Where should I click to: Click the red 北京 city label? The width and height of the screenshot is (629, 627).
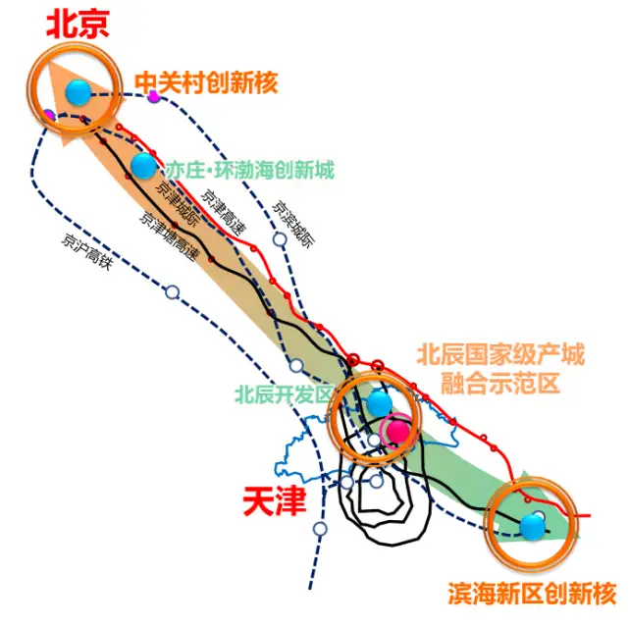tap(79, 25)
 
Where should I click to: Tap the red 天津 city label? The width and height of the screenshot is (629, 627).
tap(275, 501)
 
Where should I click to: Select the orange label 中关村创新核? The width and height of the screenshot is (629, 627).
tap(206, 83)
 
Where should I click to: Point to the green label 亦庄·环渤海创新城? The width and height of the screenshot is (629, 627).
tap(250, 170)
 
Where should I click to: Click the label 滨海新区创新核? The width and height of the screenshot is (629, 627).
tap(532, 594)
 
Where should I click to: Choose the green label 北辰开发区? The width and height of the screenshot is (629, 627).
tap(284, 394)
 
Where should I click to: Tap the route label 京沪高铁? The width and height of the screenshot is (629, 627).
tap(87, 252)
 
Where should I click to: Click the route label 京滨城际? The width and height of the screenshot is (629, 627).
tap(293, 224)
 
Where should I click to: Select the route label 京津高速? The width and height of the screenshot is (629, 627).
tap(223, 212)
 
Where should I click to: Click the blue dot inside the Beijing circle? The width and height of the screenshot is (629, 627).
tap(79, 92)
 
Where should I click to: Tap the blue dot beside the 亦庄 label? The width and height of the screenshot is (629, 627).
tap(143, 165)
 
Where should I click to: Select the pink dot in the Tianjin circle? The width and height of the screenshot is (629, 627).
tap(397, 431)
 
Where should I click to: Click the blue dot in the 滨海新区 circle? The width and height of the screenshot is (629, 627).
tap(532, 526)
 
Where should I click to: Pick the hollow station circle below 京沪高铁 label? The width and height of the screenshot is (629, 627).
tap(173, 292)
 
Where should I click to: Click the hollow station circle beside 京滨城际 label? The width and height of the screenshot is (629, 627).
tap(280, 239)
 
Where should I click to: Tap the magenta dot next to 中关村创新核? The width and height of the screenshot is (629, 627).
tap(153, 96)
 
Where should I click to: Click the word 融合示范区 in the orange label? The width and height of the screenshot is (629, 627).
tap(499, 383)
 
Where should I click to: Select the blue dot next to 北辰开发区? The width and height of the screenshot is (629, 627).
tap(379, 404)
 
